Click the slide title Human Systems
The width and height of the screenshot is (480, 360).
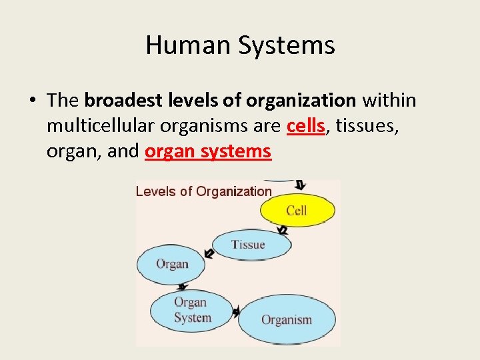(240, 45)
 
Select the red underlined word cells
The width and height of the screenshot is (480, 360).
(306, 126)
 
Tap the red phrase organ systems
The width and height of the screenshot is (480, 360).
(208, 151)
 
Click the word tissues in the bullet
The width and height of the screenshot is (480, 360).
(367, 126)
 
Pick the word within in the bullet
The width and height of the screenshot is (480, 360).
(389, 101)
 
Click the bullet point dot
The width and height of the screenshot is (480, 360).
(32, 101)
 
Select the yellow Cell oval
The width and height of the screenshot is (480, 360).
(296, 211)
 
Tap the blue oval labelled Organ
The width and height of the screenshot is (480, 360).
(172, 264)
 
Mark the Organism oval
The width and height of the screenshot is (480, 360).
(286, 320)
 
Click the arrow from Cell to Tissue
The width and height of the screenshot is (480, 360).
(283, 230)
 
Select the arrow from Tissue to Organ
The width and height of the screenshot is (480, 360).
(209, 253)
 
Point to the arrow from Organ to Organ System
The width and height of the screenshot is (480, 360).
(181, 287)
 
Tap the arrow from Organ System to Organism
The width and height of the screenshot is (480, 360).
(237, 311)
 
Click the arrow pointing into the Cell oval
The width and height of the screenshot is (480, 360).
(300, 185)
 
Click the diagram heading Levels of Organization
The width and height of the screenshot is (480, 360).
(203, 191)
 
